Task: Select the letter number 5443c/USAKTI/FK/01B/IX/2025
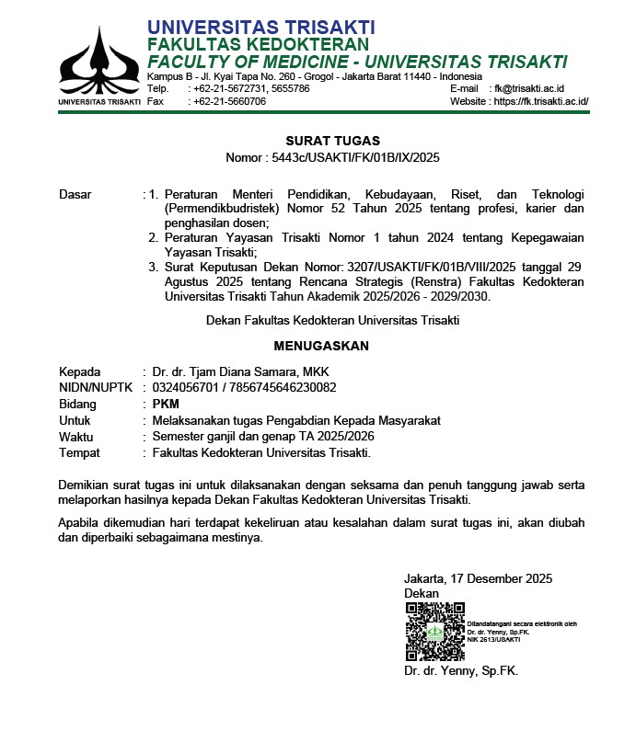356,157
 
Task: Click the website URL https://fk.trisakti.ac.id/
541,101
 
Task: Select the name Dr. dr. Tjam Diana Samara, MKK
239,371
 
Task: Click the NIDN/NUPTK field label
97,388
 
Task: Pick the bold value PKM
167,405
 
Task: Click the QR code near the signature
434,632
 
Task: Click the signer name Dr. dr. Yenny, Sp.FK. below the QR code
461,671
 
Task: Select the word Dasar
75,195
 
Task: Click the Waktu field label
76,437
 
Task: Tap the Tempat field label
79,453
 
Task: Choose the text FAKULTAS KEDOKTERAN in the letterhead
258,44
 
